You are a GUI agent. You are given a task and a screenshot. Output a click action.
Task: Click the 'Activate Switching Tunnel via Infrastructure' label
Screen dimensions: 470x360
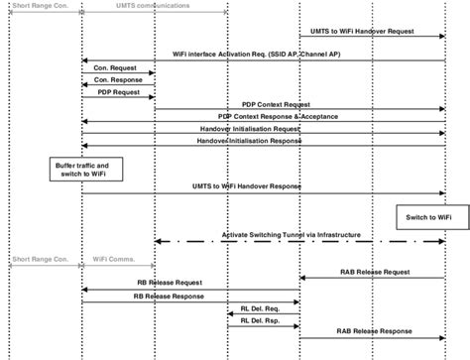[x=297, y=235]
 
